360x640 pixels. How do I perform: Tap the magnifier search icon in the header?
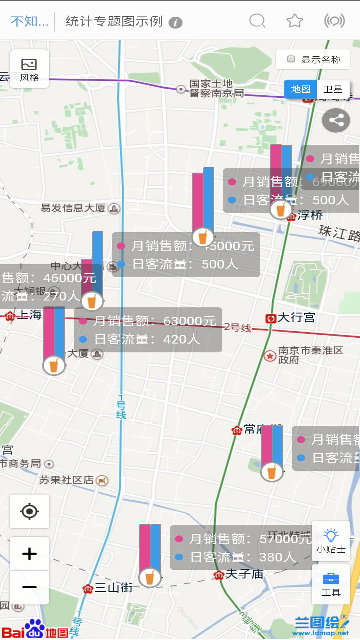tap(257, 20)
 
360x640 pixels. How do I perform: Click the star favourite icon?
tap(294, 20)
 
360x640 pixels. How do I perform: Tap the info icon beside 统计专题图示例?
tap(176, 21)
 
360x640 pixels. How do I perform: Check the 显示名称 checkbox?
tap(291, 60)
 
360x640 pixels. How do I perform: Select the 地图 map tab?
tap(300, 89)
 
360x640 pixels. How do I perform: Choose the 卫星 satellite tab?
tap(333, 89)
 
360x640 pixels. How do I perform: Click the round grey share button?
tap(336, 119)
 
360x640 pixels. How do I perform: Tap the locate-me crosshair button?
tap(29, 511)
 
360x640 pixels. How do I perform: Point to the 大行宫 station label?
tap(297, 318)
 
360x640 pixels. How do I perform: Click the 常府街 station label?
tap(262, 429)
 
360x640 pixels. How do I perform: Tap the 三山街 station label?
tap(113, 588)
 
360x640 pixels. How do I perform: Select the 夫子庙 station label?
tap(243, 574)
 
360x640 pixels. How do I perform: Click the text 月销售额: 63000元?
tap(153, 321)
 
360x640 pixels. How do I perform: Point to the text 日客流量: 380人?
tap(235, 556)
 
